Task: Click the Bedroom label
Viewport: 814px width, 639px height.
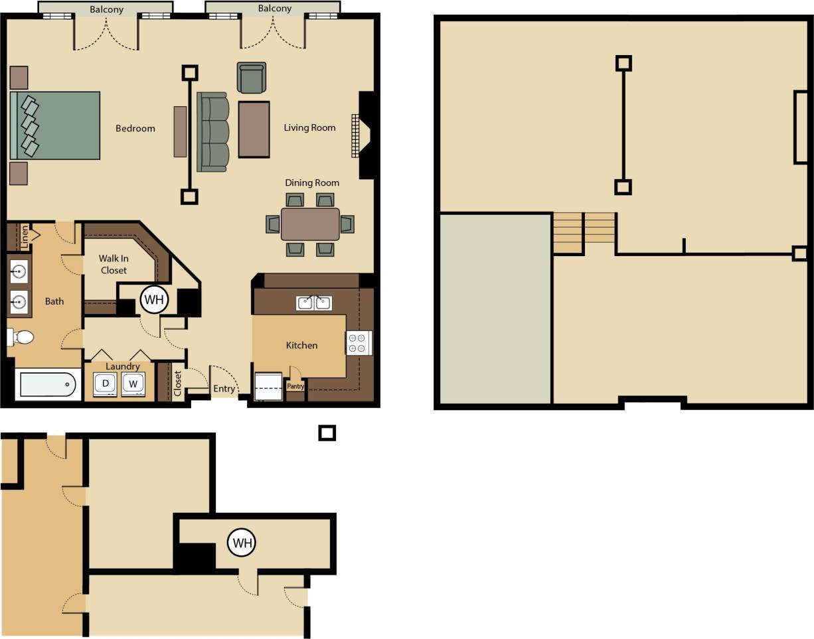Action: pos(135,128)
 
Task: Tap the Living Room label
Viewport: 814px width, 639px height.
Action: pos(309,127)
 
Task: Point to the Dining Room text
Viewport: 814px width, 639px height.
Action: pos(312,182)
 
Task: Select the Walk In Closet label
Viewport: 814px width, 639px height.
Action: pos(114,264)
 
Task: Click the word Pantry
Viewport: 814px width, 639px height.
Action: pos(295,386)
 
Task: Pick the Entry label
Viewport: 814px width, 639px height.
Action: pos(224,389)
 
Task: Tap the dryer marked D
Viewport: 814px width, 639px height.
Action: pos(106,384)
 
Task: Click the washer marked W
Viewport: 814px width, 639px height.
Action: pos(133,384)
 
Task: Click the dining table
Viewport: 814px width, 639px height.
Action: pos(310,224)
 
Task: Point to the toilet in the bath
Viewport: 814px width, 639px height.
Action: pos(22,337)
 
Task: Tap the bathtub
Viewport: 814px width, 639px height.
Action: pos(47,384)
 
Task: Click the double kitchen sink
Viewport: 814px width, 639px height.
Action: pos(314,303)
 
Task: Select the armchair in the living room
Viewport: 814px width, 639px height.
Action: pos(252,78)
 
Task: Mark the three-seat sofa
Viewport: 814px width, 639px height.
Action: pos(212,131)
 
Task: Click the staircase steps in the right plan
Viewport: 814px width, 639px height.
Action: pos(584,232)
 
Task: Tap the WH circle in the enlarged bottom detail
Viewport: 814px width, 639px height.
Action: pos(241,543)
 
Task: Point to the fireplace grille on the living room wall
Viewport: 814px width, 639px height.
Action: pos(355,136)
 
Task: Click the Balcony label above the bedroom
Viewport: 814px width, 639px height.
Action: pos(106,9)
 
